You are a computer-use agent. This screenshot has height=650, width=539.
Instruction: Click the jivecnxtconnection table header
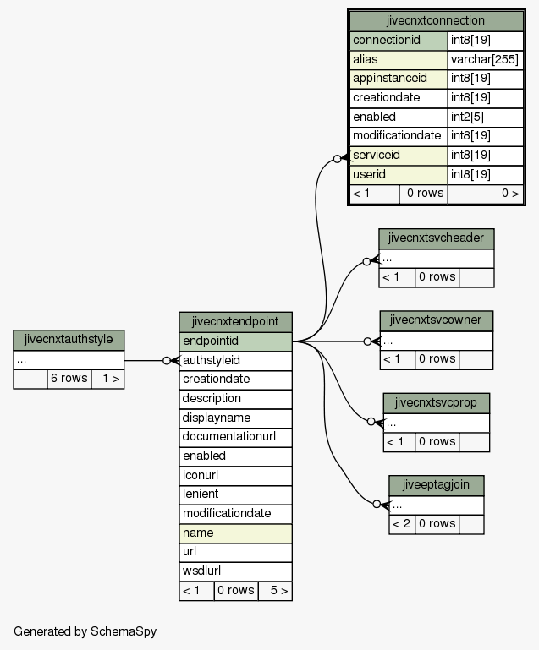[x=436, y=21]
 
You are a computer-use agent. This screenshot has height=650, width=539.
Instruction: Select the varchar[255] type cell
[x=485, y=60]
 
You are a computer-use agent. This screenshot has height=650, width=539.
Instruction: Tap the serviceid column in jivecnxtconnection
[x=399, y=156]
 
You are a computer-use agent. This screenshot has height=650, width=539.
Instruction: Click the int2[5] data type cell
[x=485, y=117]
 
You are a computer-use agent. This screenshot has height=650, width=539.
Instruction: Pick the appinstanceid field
[x=399, y=79]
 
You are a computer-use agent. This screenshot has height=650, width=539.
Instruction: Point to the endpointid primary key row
[x=235, y=341]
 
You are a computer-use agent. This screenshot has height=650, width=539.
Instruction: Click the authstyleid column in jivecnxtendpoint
[x=235, y=361]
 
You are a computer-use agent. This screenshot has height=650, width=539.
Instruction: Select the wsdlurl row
[x=235, y=571]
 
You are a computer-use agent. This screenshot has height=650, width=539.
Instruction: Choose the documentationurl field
[x=235, y=437]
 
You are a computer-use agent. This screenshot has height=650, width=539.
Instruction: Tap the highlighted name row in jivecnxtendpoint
[x=235, y=533]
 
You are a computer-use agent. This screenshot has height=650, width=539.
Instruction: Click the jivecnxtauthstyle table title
[x=69, y=340]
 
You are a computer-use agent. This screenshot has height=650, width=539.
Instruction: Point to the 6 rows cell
[x=69, y=379]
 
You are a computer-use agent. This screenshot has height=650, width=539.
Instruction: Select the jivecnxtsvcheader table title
[x=436, y=238]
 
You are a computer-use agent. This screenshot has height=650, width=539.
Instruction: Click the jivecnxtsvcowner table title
[x=436, y=320]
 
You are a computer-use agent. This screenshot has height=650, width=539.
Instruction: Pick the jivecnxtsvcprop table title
[x=436, y=403]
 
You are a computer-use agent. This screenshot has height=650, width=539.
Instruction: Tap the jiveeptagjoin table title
[x=436, y=485]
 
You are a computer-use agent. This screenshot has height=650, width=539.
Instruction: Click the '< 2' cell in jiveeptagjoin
[x=402, y=524]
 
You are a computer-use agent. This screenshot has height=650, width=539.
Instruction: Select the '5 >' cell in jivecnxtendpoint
[x=275, y=591]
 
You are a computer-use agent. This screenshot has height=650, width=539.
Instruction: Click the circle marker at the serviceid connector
[x=337, y=159]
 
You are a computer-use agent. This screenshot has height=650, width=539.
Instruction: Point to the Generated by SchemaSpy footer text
[x=85, y=631]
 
